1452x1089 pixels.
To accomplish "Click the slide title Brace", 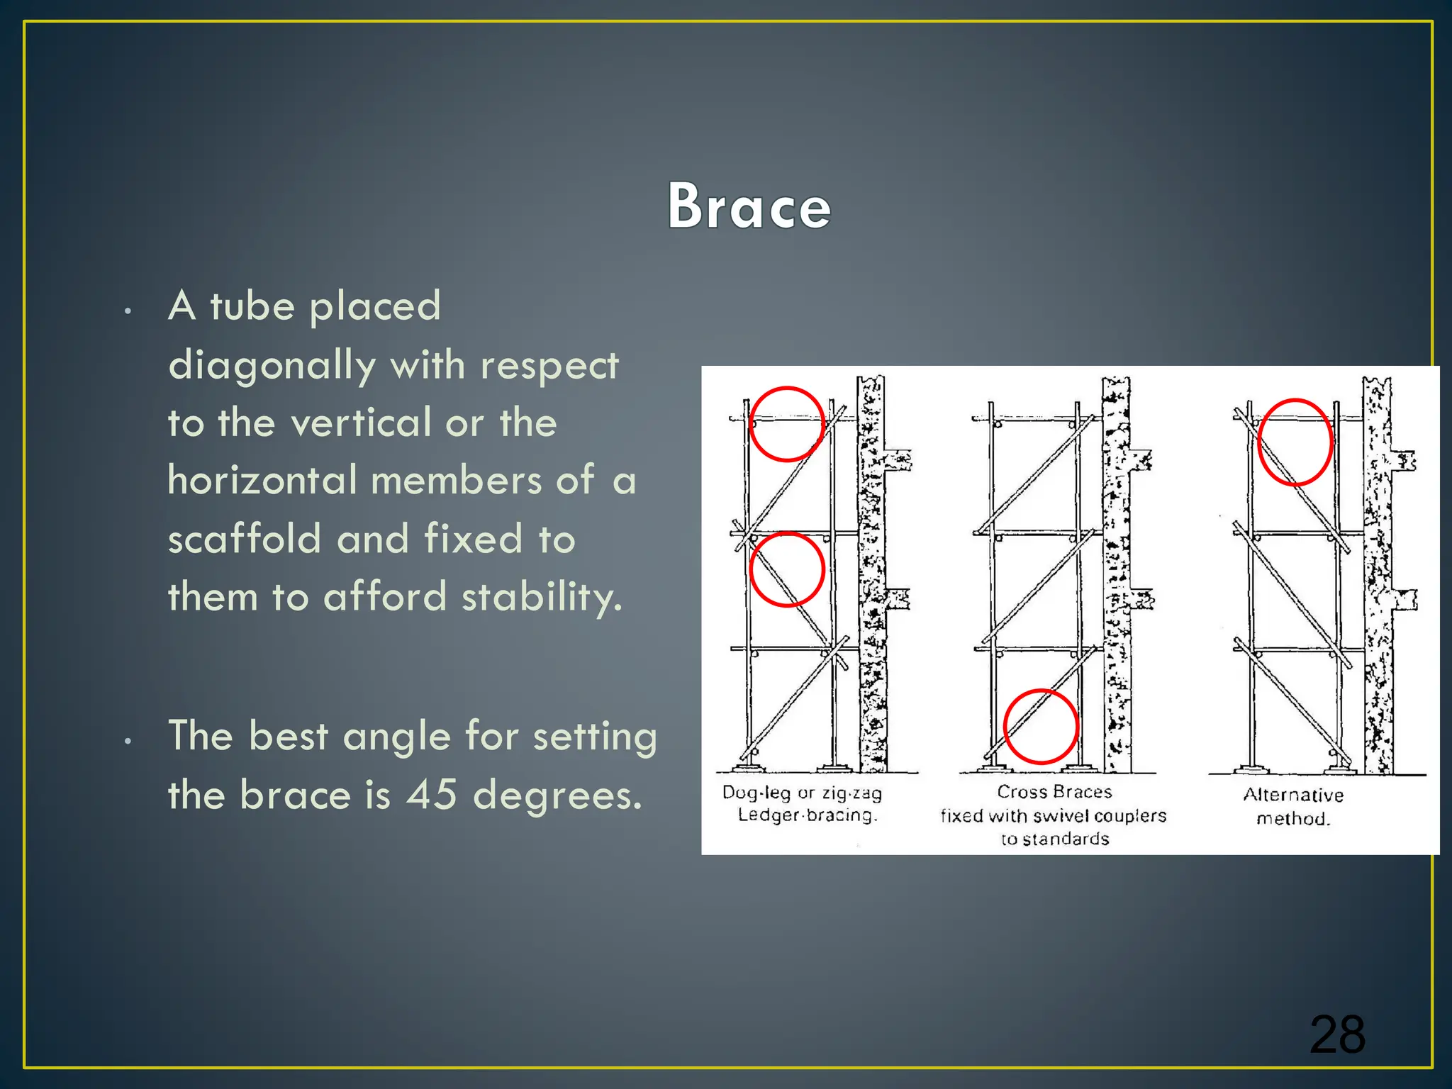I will (x=749, y=206).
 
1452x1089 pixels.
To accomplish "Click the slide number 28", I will (x=1336, y=1034).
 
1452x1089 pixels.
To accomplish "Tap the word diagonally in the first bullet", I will (x=272, y=367).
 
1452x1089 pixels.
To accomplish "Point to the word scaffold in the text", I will (x=245, y=538).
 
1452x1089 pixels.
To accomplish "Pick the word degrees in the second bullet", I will (x=557, y=795).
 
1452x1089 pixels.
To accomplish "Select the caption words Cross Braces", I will (x=1054, y=791).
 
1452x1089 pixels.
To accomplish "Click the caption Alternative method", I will (x=1293, y=806).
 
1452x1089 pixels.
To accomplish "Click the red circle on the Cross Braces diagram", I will (x=1041, y=726).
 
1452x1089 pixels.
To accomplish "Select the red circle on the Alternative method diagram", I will (x=1295, y=442).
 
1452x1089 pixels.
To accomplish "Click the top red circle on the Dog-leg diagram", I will (x=787, y=424).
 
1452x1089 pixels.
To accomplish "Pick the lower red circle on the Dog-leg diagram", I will (x=787, y=569).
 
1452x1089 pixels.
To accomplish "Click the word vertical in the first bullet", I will (x=362, y=423).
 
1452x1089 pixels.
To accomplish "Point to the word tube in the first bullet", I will (x=252, y=306).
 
